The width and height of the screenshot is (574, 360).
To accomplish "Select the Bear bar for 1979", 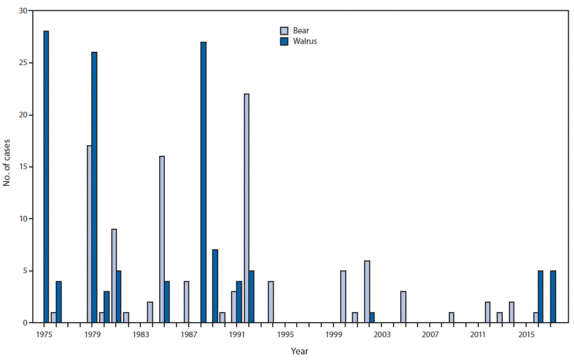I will pyautogui.click(x=89, y=234).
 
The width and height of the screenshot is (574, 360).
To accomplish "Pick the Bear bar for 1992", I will pyautogui.click(x=247, y=208).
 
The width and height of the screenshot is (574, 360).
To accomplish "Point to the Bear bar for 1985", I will pyautogui.click(x=162, y=239).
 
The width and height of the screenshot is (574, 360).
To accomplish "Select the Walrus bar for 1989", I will pyautogui.click(x=215, y=286).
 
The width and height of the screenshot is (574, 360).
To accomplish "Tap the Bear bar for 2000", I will pyautogui.click(x=343, y=297).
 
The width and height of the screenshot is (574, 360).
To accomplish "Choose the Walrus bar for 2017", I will pyautogui.click(x=553, y=297).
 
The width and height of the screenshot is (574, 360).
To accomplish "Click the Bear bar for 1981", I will pyautogui.click(x=114, y=276).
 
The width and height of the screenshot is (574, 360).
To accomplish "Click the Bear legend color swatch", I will pyautogui.click(x=284, y=31).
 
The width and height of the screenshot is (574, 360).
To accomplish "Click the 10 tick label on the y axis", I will pyautogui.click(x=22, y=219).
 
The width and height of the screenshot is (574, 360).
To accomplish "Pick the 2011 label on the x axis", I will pyautogui.click(x=478, y=334).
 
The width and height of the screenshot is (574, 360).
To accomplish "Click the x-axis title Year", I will pyautogui.click(x=299, y=351).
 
